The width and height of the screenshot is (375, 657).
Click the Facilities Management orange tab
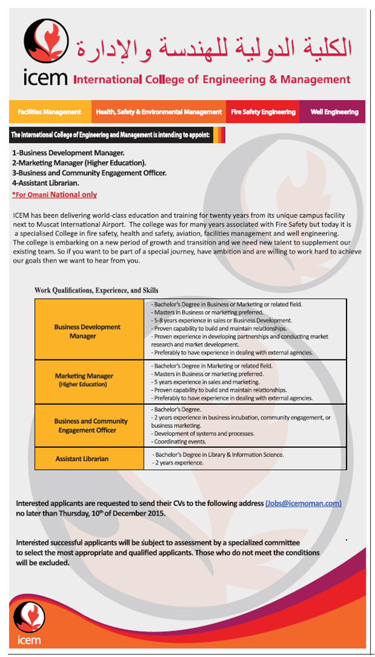(x=50, y=112)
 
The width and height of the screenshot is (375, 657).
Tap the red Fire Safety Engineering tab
(x=263, y=112)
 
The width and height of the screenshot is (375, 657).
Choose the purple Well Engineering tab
(x=334, y=112)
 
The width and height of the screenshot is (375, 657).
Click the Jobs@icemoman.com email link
(x=304, y=503)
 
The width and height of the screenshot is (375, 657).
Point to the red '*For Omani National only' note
(x=55, y=195)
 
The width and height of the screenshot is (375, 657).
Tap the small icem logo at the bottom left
(x=29, y=621)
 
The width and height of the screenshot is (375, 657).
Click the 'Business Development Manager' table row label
(x=87, y=331)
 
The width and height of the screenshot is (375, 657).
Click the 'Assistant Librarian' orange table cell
(x=82, y=459)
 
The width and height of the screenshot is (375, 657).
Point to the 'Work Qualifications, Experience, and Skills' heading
(x=96, y=290)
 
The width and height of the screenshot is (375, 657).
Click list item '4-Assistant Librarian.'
(x=45, y=182)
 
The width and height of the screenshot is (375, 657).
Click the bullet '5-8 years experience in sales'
(x=222, y=320)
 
